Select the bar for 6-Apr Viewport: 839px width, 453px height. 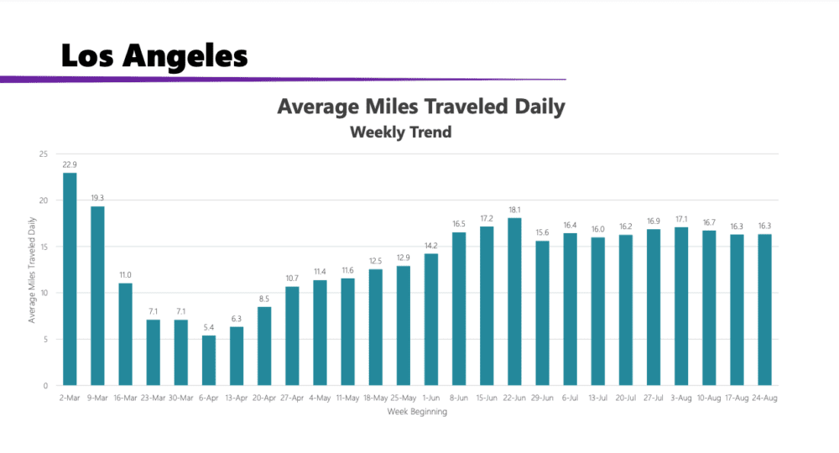click(209, 360)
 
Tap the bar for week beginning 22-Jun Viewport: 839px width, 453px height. click(514, 301)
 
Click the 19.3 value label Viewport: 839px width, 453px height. click(97, 198)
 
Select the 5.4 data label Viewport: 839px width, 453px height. click(209, 327)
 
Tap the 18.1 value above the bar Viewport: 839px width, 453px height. click(514, 210)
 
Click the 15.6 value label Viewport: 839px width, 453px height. click(542, 232)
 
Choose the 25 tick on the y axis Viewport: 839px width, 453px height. click(44, 154)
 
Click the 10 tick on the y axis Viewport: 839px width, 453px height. click(44, 293)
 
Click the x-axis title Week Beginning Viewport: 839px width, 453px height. click(417, 412)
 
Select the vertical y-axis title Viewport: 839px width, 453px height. click(32, 270)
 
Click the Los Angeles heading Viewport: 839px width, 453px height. click(154, 56)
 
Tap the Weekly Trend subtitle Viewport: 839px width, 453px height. click(400, 132)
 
